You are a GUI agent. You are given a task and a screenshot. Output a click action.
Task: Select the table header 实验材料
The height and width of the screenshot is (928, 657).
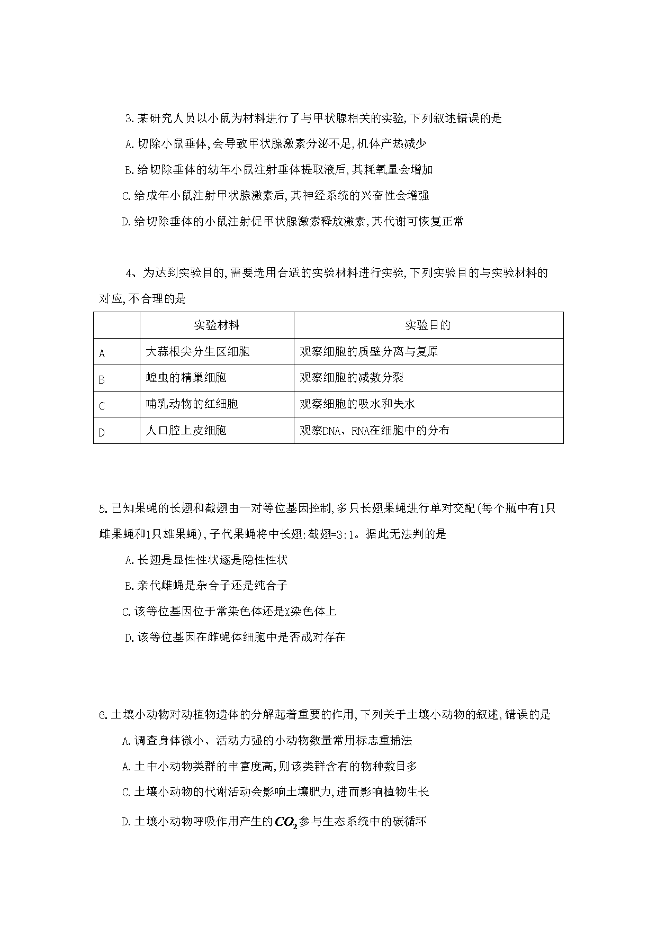coord(217,325)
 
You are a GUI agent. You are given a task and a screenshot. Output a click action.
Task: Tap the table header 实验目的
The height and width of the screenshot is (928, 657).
coord(428,325)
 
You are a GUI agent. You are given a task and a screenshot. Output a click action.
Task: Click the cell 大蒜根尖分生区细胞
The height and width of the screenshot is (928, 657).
coord(197,351)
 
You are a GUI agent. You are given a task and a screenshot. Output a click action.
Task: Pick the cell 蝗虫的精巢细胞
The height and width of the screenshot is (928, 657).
coord(186,378)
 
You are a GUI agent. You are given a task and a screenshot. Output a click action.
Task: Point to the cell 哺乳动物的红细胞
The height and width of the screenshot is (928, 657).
coord(192,404)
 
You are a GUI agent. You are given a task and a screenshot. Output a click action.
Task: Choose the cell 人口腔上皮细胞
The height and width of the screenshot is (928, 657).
coord(186,431)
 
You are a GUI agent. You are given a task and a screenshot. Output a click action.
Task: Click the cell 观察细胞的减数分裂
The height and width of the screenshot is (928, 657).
coord(352,378)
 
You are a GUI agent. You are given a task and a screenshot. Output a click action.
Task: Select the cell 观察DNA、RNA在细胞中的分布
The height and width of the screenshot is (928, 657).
coord(374,431)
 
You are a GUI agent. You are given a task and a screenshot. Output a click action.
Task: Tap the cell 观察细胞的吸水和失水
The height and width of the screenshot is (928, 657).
coord(357,404)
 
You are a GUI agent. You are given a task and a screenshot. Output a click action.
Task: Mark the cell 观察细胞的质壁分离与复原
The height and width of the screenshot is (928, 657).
coord(368,351)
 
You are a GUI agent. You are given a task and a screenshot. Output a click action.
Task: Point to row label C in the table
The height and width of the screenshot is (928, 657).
coord(102,406)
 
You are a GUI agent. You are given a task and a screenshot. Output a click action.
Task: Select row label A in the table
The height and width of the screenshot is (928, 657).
coord(102,353)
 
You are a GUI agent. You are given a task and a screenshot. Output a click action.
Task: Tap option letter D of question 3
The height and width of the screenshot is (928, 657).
coord(125,222)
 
